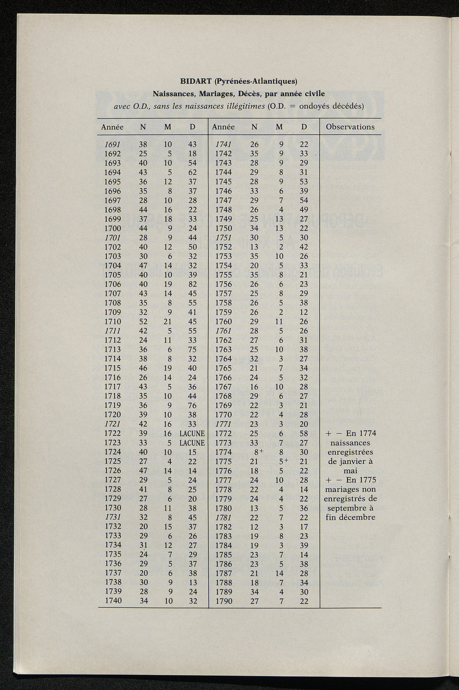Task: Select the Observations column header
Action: click(350, 127)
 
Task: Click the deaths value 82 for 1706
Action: click(192, 284)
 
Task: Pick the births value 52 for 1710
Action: click(143, 321)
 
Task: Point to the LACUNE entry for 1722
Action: click(192, 434)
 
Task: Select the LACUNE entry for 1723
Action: click(192, 443)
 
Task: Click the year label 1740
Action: click(113, 601)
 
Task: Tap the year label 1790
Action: click(224, 601)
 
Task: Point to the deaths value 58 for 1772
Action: click(303, 434)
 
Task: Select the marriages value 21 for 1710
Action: click(168, 321)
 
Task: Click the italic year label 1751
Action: click(224, 237)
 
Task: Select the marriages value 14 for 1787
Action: click(279, 573)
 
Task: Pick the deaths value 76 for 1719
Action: click(192, 405)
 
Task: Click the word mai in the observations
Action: click(350, 471)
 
